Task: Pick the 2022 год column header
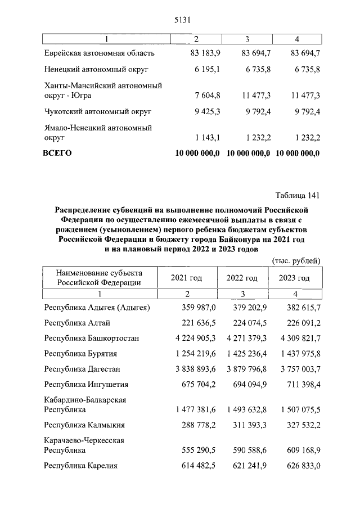click(242, 278)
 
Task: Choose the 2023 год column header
click(294, 278)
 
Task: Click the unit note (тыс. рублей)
click(296, 260)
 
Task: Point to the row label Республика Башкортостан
click(92, 338)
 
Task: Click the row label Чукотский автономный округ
click(98, 111)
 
